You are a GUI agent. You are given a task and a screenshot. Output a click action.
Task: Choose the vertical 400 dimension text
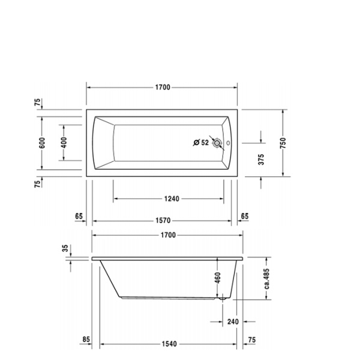[x=64, y=143]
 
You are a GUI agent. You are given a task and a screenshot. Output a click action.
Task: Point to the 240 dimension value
[x=233, y=322]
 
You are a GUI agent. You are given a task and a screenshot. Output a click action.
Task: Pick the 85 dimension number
[x=86, y=340]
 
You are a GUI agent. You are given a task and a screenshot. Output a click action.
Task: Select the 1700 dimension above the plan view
[x=163, y=87]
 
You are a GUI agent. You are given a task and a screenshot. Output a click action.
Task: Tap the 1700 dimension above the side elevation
[x=167, y=235]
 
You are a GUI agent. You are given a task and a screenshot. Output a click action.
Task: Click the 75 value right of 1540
[x=251, y=340]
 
